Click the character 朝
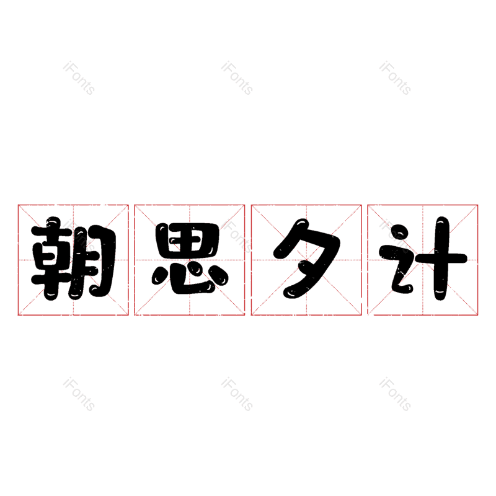73,259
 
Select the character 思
190,259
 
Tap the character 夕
307,259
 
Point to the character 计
423,259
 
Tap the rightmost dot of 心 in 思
219,275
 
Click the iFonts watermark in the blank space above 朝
79,78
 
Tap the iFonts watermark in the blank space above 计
395,78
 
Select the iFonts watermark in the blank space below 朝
79,394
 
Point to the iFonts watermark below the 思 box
237,394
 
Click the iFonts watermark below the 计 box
395,394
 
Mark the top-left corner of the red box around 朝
18,205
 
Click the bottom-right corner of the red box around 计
477,315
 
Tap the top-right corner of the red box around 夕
361,205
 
